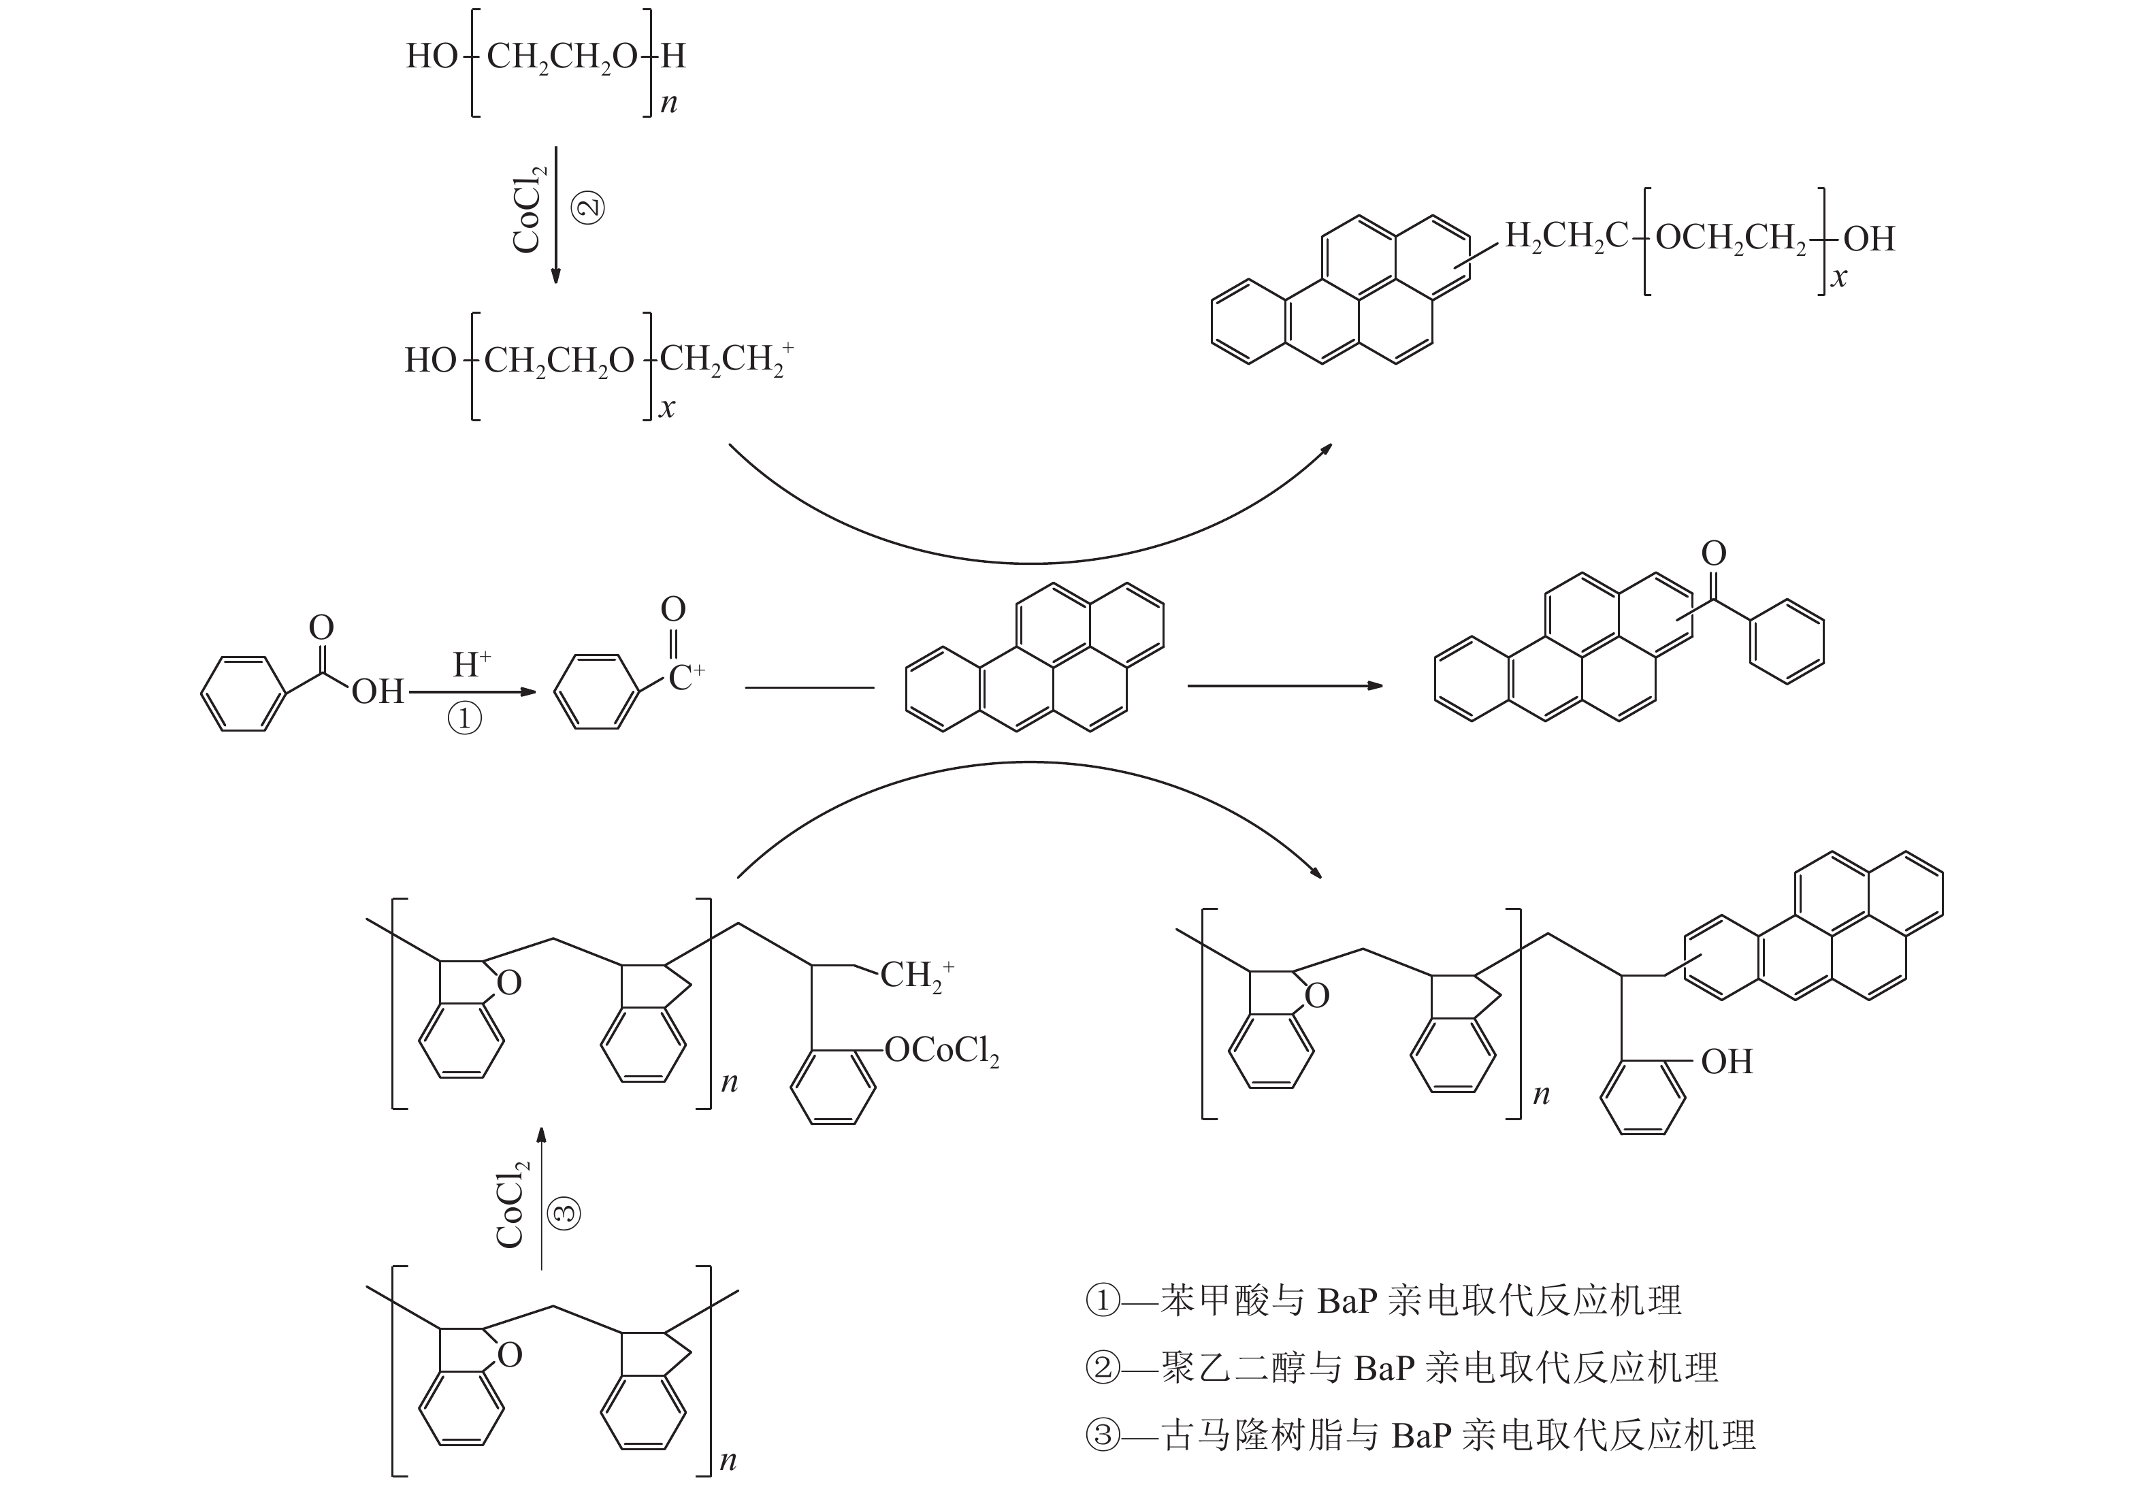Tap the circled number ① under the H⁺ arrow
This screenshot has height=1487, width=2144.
click(465, 719)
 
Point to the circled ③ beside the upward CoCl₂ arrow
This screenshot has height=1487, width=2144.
click(563, 1212)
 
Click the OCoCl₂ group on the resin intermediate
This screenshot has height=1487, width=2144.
click(942, 1052)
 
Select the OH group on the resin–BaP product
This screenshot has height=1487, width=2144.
click(1727, 1061)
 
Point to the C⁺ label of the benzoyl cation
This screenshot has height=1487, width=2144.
click(687, 677)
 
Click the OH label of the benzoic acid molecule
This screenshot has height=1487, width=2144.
click(377, 691)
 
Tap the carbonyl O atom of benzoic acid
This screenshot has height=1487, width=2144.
click(321, 628)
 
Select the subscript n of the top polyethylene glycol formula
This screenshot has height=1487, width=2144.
click(669, 103)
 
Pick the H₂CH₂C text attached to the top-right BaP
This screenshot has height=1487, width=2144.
click(1568, 237)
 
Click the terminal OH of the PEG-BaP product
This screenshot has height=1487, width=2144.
click(1869, 238)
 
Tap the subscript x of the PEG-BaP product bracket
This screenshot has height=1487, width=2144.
click(1838, 278)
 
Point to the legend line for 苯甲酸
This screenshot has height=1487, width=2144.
click(1384, 1301)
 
